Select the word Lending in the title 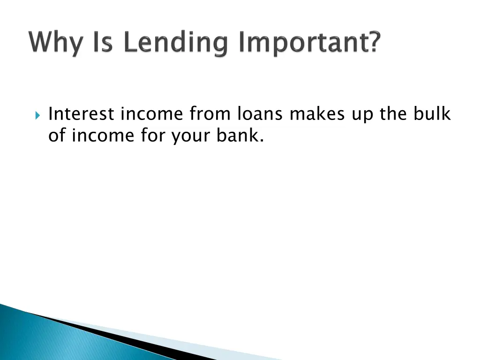point(172,43)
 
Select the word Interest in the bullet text point(81,114)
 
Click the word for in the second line point(153,135)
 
